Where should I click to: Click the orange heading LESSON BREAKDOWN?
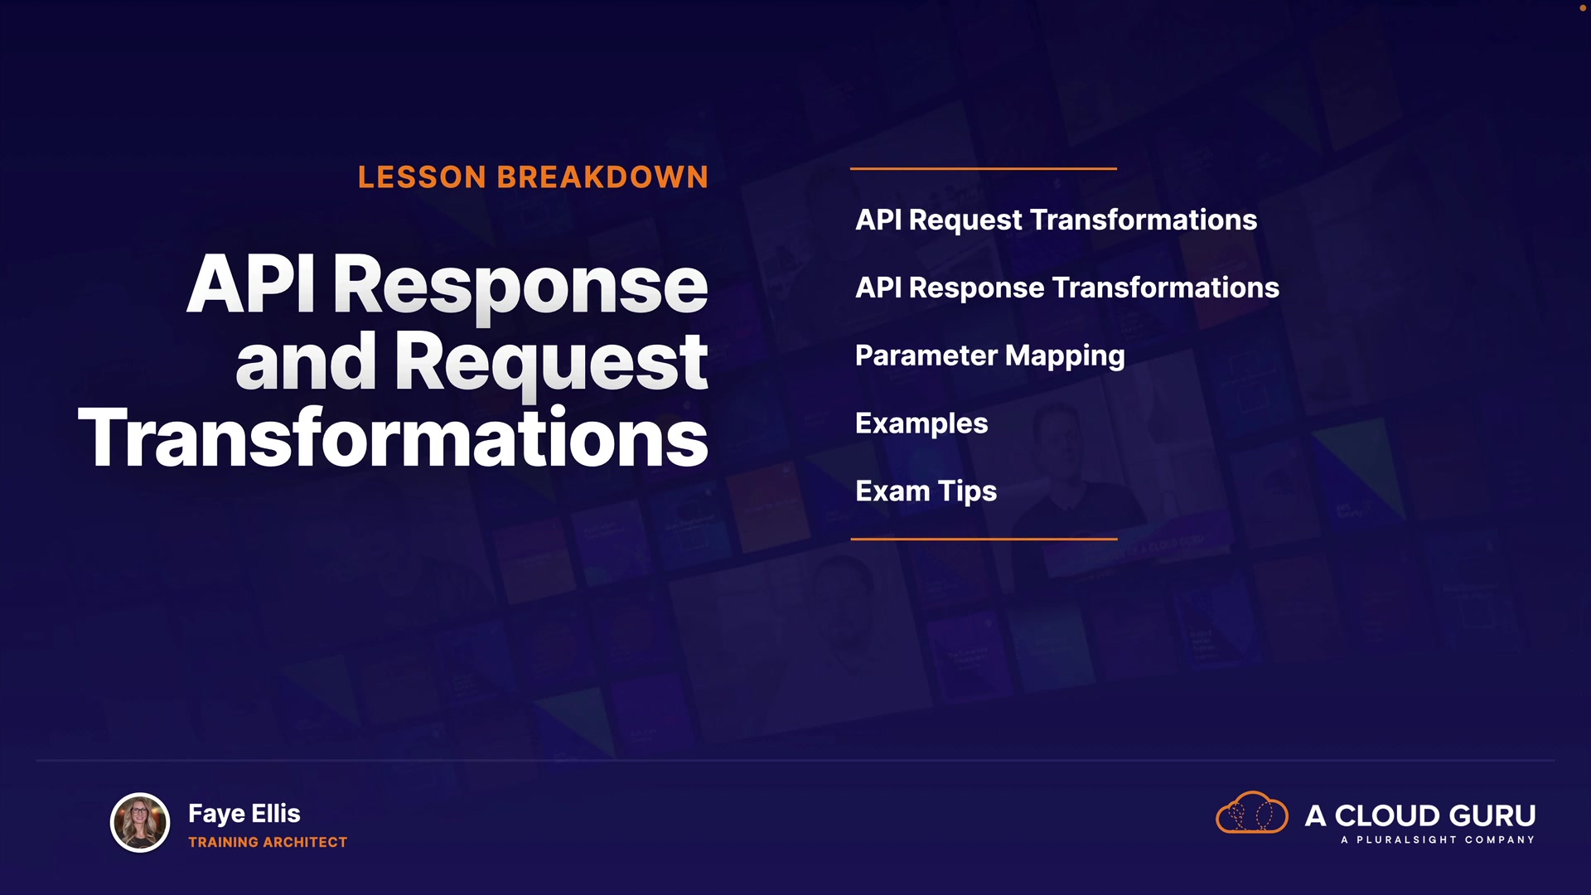(x=533, y=177)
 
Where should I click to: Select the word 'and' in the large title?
(x=306, y=361)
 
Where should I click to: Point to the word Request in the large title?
(x=552, y=365)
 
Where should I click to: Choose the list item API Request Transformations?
(x=1056, y=220)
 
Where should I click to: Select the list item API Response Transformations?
(x=1067, y=288)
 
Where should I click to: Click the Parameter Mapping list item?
(x=990, y=356)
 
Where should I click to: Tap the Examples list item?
(x=921, y=424)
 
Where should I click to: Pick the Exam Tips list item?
(x=926, y=492)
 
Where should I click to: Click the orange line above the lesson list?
(x=984, y=168)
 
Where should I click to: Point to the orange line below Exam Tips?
(x=984, y=539)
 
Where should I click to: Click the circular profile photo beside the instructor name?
(x=140, y=823)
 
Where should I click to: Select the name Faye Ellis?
(x=244, y=814)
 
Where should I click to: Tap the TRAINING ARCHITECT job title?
(x=268, y=842)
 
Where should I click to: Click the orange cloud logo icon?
(x=1251, y=812)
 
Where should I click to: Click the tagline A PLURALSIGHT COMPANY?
(x=1438, y=839)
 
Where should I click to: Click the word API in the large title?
(x=251, y=283)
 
